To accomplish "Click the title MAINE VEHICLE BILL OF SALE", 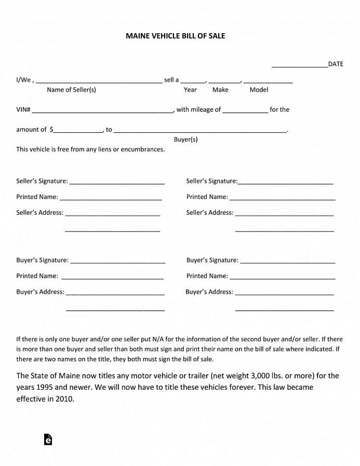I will (x=175, y=36).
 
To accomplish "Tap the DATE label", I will (x=336, y=64).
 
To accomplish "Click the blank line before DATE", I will (x=300, y=66).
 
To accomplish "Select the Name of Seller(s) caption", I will (x=71, y=90).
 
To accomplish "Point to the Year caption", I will (x=190, y=90).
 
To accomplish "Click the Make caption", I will (x=220, y=90).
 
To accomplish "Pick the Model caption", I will (x=259, y=90).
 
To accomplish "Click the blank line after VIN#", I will (x=102, y=112).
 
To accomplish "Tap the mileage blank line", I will (x=245, y=112).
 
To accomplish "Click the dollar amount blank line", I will (x=78, y=131).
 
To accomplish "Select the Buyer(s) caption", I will (x=185, y=139).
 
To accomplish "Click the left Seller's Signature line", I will (x=117, y=183).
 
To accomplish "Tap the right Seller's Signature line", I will (x=285, y=183).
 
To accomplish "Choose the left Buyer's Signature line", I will (x=117, y=262).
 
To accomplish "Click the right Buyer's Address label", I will (x=209, y=292).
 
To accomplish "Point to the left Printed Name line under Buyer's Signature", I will (x=112, y=278).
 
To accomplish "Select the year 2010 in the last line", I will (x=64, y=399).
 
